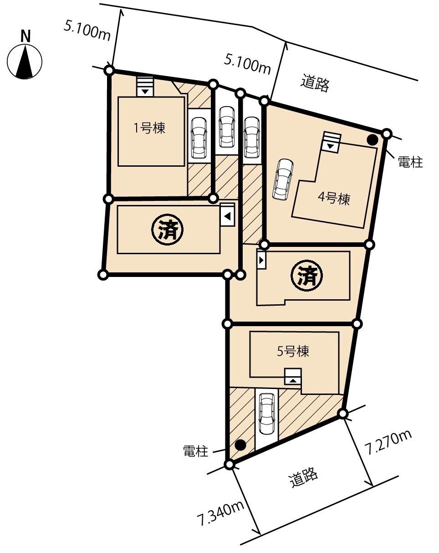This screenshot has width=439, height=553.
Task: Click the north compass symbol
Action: (25, 62)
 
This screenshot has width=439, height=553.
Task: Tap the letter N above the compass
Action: (26, 36)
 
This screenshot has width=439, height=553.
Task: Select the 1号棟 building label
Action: (149, 129)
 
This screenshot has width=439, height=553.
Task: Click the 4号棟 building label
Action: (334, 199)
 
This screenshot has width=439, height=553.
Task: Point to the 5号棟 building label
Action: (293, 351)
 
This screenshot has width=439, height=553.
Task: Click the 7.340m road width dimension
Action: (220, 512)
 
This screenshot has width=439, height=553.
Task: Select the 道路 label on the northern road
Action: (315, 83)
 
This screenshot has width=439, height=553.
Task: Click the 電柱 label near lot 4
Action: (410, 162)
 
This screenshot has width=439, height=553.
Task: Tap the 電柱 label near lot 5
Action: (195, 451)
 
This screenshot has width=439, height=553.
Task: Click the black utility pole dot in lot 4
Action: (373, 140)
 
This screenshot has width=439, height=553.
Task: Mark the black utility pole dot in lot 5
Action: (240, 445)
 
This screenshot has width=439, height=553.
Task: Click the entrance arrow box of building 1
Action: (145, 87)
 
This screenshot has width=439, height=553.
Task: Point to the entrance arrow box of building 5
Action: (293, 376)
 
